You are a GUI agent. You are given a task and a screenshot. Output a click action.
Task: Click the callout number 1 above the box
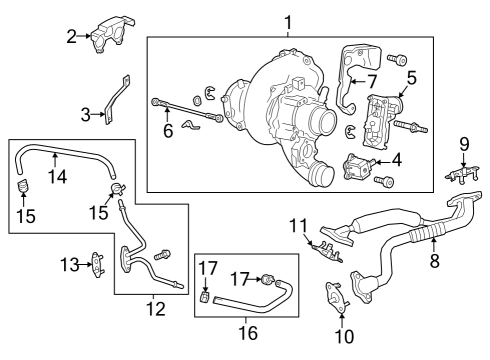(288, 21)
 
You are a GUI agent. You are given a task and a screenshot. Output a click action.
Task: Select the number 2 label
(71, 38)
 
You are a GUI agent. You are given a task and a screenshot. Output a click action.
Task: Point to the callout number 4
(397, 158)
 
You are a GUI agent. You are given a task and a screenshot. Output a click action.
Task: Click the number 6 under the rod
(168, 130)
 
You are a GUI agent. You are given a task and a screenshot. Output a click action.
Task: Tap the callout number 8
(434, 262)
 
